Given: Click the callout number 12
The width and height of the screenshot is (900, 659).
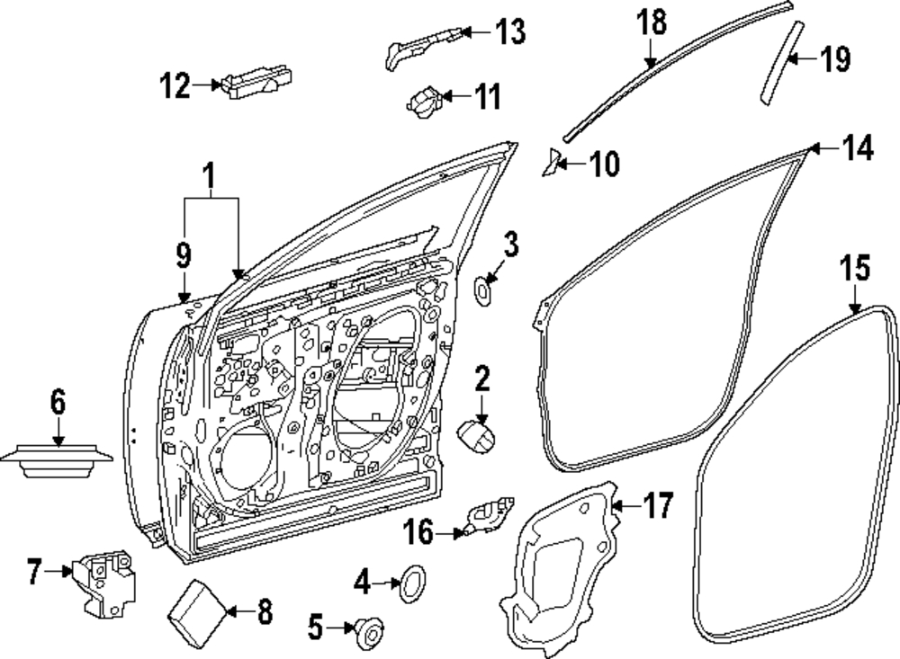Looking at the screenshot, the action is (175, 85).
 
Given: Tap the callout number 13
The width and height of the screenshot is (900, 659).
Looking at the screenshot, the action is (510, 31).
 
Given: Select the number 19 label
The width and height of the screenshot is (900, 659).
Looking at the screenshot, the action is (835, 59).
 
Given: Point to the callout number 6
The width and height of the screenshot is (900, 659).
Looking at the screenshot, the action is (58, 402).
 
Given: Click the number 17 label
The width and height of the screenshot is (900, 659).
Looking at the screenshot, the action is (657, 506).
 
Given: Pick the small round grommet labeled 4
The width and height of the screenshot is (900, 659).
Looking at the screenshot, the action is (412, 583).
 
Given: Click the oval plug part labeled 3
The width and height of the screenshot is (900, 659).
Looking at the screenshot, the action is (483, 290).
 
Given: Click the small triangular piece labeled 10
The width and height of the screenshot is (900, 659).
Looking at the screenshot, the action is (552, 163).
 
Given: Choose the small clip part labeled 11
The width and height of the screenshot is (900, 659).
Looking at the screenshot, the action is (425, 102).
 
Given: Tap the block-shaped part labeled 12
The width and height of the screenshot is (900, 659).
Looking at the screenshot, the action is (258, 82).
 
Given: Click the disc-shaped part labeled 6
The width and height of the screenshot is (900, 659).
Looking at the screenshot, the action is (57, 459).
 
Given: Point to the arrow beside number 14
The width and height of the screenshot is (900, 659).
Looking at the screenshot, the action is (824, 149).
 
